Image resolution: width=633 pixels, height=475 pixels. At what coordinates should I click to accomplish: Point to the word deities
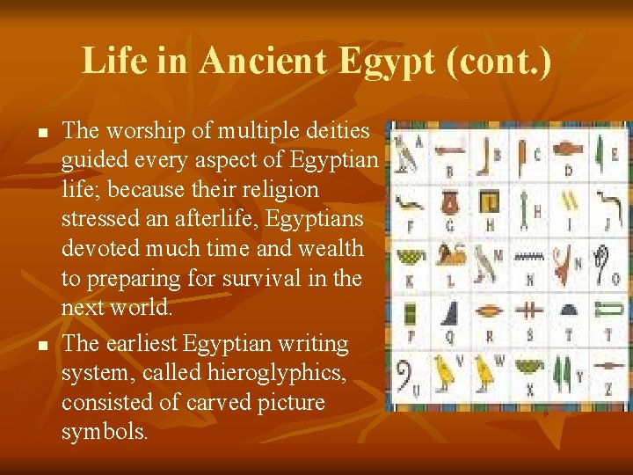coord(336,131)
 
